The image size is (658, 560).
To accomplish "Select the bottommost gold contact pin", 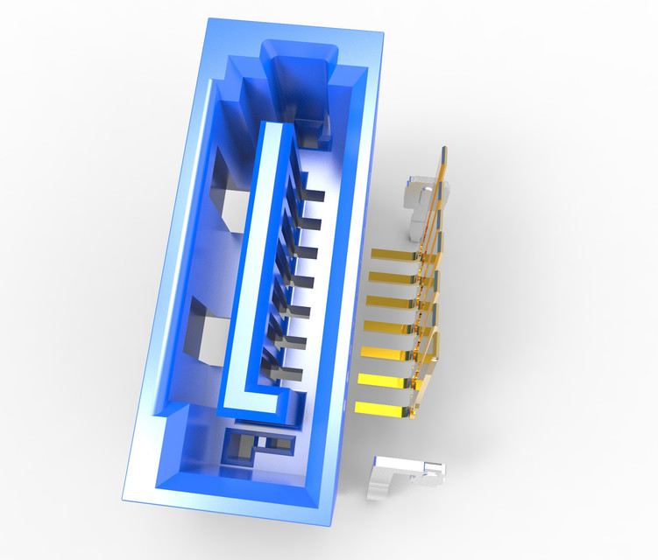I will tap(381, 408).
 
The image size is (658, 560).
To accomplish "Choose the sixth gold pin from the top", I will tap(384, 379).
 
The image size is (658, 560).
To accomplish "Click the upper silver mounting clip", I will tap(420, 201).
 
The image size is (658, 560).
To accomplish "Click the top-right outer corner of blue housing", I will tap(384, 34).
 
